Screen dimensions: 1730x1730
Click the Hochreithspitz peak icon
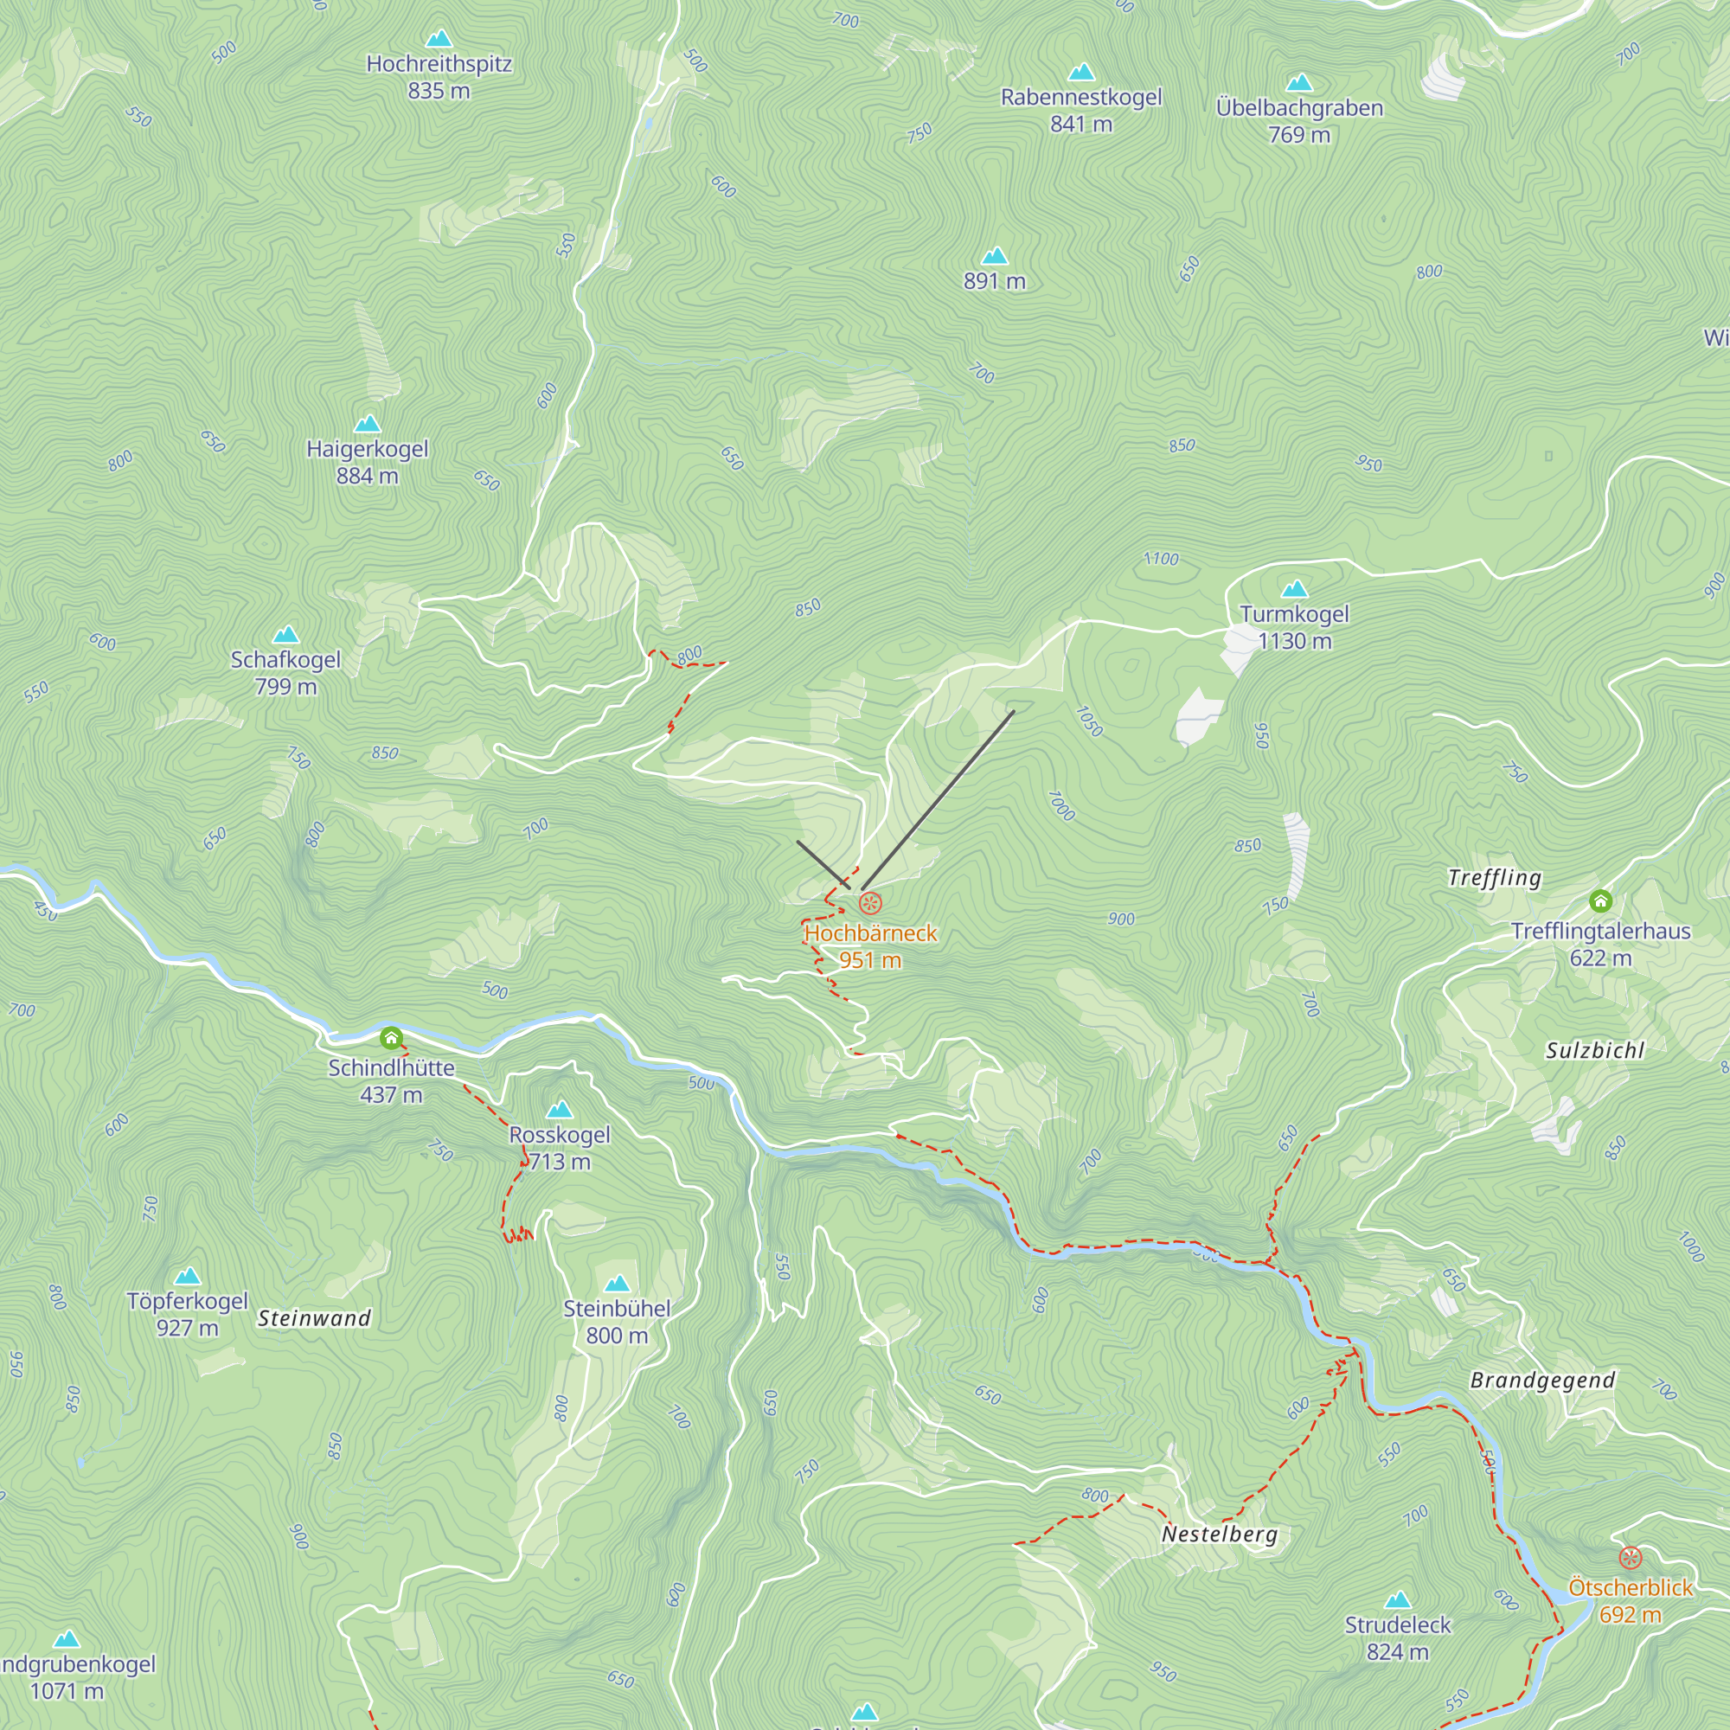(439, 39)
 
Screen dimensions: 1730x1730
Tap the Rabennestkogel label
(1080, 97)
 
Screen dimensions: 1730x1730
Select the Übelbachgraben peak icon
(1299, 83)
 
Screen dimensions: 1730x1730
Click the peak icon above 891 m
(994, 256)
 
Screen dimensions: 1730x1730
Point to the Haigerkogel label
(367, 449)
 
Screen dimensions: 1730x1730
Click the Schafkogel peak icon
(285, 635)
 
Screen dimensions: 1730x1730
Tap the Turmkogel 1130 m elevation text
(1294, 641)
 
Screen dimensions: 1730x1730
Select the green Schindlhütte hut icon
(390, 1039)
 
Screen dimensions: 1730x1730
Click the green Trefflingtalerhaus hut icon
(1601, 900)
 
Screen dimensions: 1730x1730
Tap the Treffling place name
(1495, 877)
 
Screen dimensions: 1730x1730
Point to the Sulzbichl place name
(1595, 1050)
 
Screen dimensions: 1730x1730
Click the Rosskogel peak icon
(560, 1111)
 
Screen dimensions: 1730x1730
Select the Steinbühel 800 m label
(617, 1322)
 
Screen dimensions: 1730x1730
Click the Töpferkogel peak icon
(187, 1277)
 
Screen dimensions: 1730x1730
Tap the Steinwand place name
(314, 1318)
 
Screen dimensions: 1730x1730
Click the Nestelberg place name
(1219, 1535)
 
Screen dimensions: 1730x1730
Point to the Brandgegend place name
(1543, 1381)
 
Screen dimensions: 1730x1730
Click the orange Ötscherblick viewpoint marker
(1631, 1558)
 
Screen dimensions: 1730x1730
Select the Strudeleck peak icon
(1398, 1600)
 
